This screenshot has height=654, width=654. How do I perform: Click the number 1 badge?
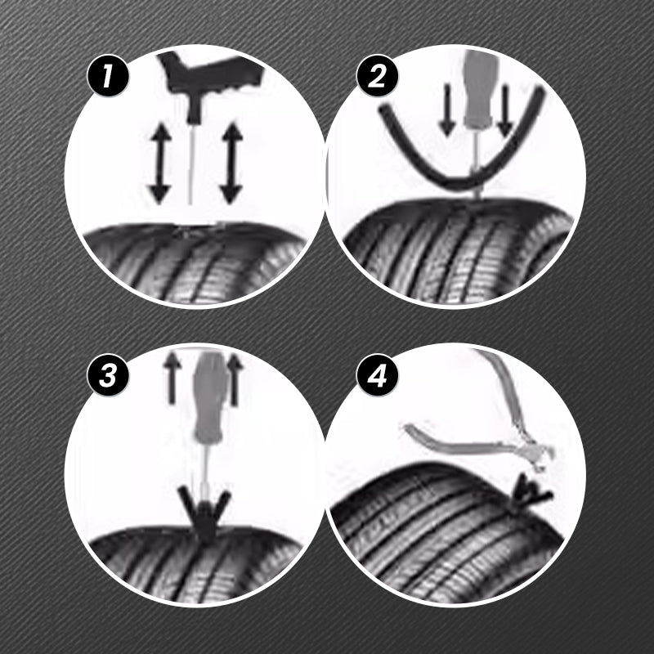tap(108, 76)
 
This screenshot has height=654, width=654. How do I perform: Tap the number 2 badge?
tap(377, 76)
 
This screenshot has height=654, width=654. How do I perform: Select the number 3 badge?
tap(108, 374)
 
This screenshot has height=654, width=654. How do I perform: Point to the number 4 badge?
tap(377, 374)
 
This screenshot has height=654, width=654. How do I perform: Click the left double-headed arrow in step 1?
tap(160, 163)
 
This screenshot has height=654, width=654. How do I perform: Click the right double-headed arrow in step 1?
tap(231, 163)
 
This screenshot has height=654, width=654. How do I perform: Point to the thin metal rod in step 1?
tap(191, 165)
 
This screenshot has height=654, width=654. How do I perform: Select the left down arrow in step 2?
tap(447, 110)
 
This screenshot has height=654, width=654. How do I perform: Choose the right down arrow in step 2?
tap(505, 110)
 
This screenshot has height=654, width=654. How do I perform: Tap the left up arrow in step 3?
tap(172, 379)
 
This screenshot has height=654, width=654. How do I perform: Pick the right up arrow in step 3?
tap(235, 379)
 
